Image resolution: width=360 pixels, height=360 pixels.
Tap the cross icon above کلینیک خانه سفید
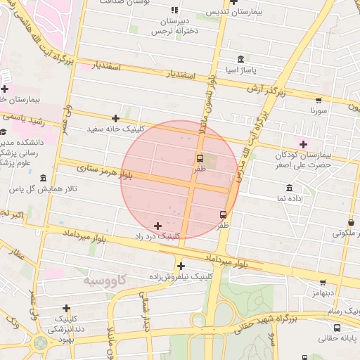(116, 118)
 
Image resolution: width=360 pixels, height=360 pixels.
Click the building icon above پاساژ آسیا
(241, 58)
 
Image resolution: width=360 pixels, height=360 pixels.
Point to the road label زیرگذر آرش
(266, 90)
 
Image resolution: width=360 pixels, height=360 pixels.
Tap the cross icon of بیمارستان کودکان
(303, 144)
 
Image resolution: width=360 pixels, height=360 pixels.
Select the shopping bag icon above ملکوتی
(351, 223)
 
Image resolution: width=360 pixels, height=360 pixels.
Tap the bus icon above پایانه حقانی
(337, 328)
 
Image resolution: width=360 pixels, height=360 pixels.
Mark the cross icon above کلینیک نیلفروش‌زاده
(181, 266)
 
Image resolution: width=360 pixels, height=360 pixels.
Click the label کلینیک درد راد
(159, 237)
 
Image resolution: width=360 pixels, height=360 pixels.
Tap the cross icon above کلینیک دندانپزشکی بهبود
(66, 308)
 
